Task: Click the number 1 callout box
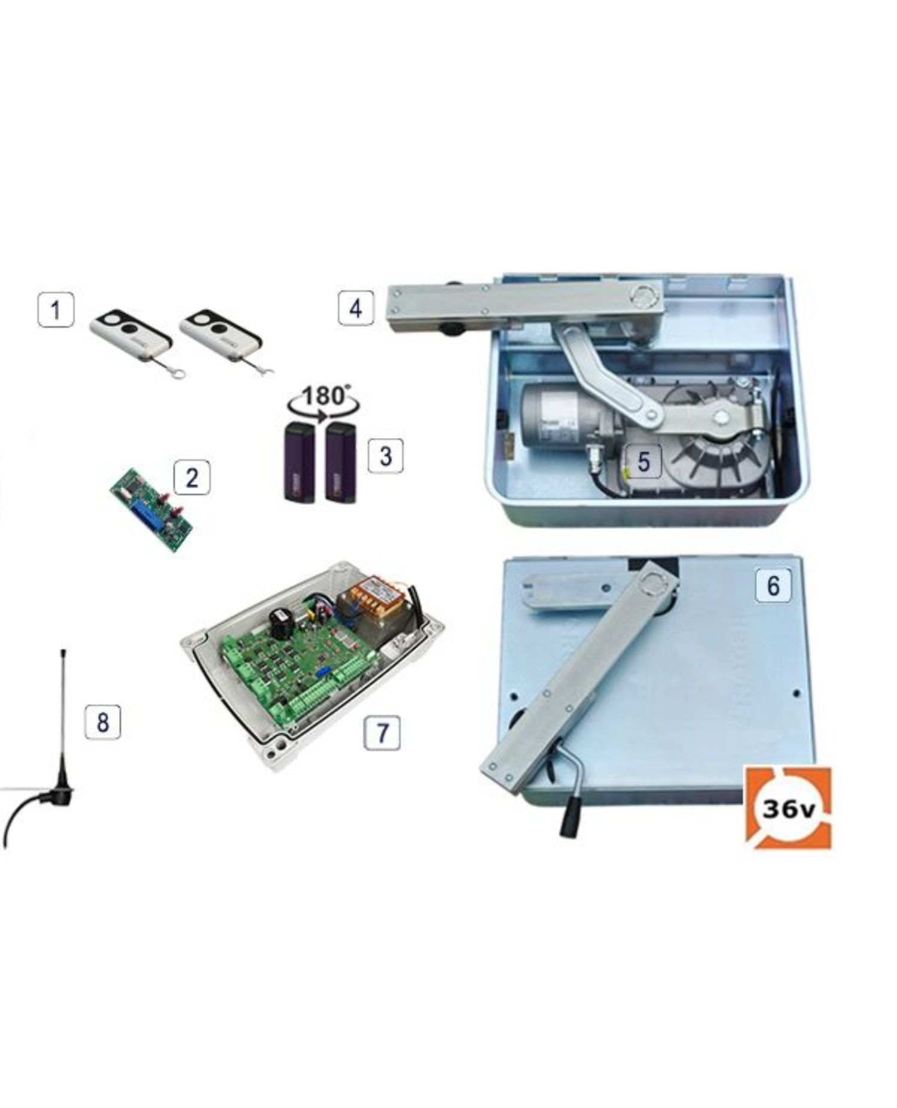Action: (x=56, y=310)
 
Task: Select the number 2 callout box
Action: (x=191, y=477)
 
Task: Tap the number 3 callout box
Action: (x=385, y=456)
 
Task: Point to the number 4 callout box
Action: (x=356, y=308)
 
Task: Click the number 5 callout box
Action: (x=643, y=461)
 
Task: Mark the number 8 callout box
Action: (x=102, y=722)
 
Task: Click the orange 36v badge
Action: (x=788, y=808)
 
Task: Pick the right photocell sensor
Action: (x=341, y=461)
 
